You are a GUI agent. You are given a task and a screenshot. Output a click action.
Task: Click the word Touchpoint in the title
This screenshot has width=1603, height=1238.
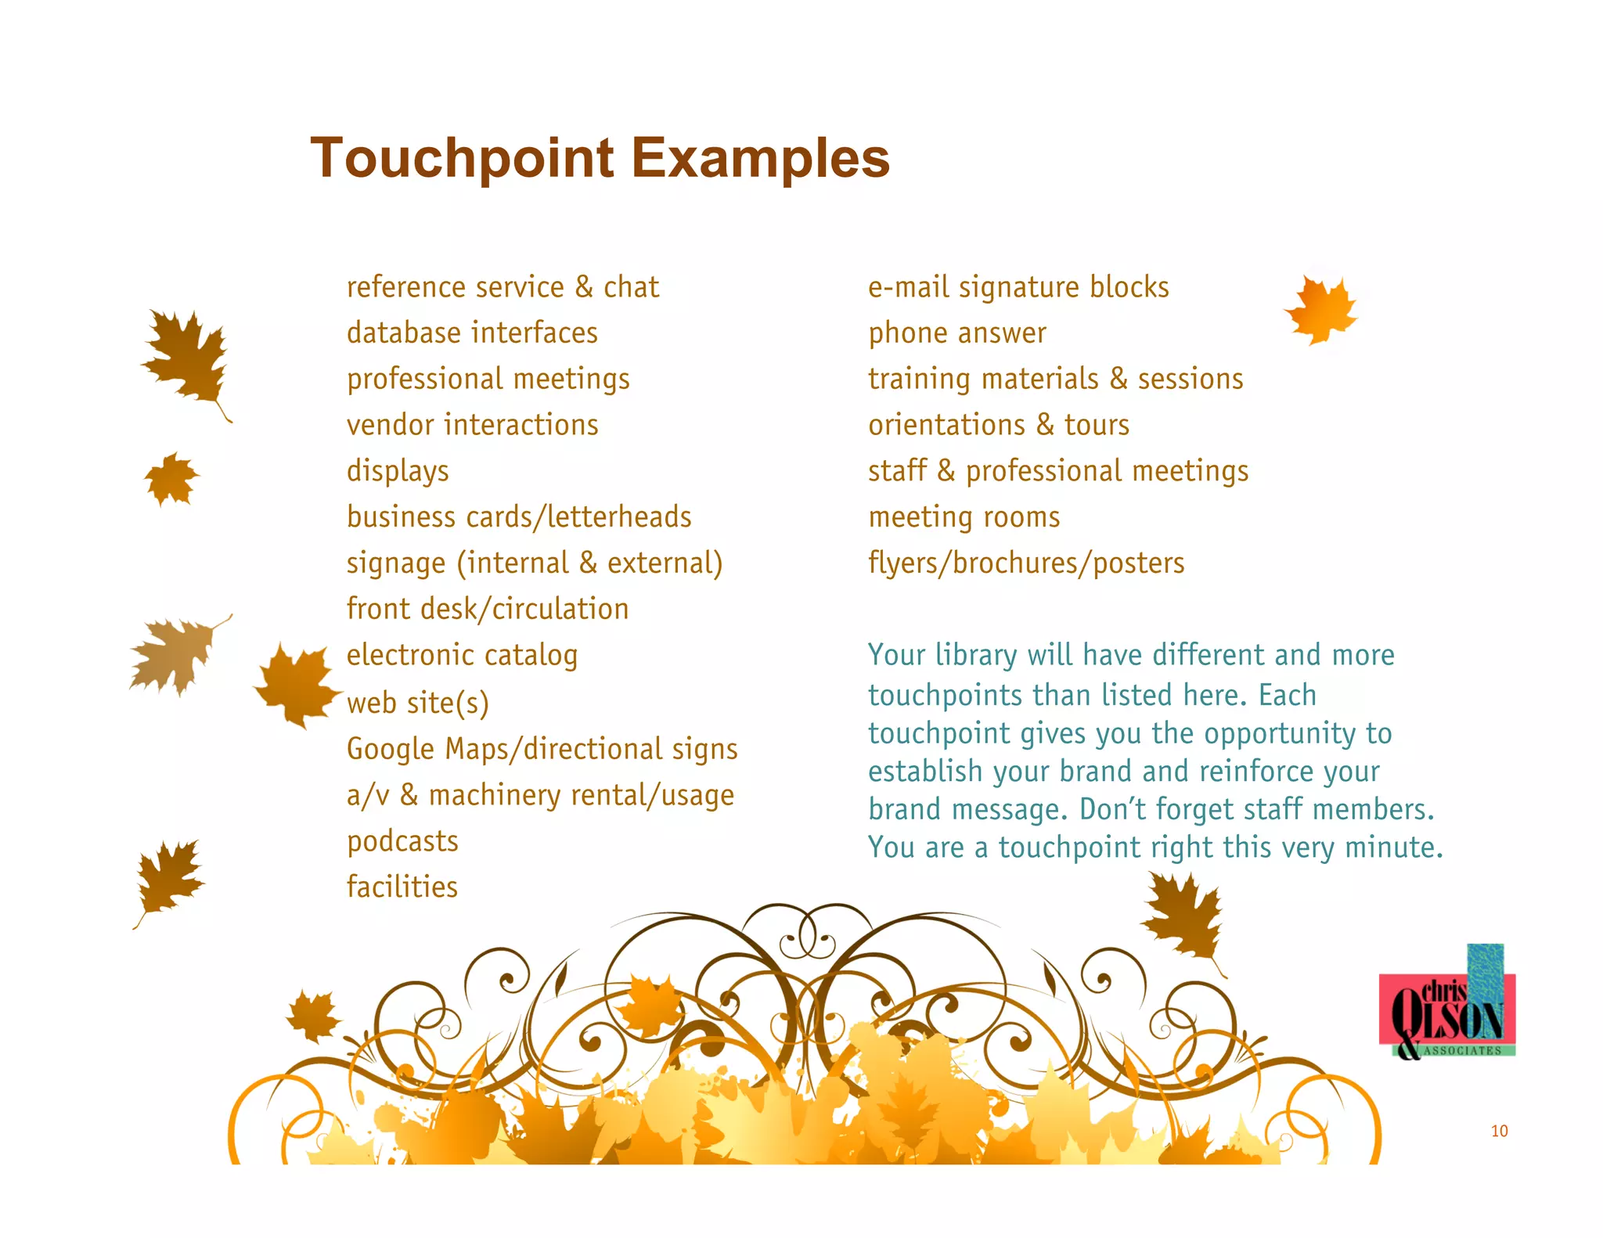pos(462,159)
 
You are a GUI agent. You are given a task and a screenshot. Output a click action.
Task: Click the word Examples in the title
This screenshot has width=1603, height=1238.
pos(760,159)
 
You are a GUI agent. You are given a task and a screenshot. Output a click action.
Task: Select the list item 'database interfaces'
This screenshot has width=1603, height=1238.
pos(472,333)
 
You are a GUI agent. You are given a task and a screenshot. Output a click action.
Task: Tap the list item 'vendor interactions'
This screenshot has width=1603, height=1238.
pos(472,425)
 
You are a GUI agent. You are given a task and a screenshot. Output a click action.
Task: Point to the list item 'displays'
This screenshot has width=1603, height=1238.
pos(398,471)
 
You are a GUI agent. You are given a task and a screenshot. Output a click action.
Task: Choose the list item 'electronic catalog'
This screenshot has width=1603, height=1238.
pos(462,655)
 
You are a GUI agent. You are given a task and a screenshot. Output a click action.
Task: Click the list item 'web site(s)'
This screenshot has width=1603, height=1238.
pos(417,703)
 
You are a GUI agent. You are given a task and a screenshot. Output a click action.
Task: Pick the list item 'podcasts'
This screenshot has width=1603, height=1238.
pos(402,841)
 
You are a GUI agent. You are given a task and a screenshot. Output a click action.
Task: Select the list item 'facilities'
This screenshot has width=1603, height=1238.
pos(402,887)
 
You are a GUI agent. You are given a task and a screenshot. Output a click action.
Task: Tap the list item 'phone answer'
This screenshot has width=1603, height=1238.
pos(956,333)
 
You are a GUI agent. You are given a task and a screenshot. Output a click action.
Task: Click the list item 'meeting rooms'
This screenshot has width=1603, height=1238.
pos(964,517)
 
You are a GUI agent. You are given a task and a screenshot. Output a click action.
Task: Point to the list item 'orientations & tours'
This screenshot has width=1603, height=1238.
pos(999,425)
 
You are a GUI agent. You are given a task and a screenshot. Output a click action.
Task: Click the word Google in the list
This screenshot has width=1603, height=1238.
pos(390,749)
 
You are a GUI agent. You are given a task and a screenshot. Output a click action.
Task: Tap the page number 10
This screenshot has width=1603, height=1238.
pos(1499,1131)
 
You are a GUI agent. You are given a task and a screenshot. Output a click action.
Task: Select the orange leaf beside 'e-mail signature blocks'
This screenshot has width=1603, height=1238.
pos(1321,309)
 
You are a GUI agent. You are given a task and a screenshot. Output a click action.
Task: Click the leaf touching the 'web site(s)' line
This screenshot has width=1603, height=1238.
pos(298,684)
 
